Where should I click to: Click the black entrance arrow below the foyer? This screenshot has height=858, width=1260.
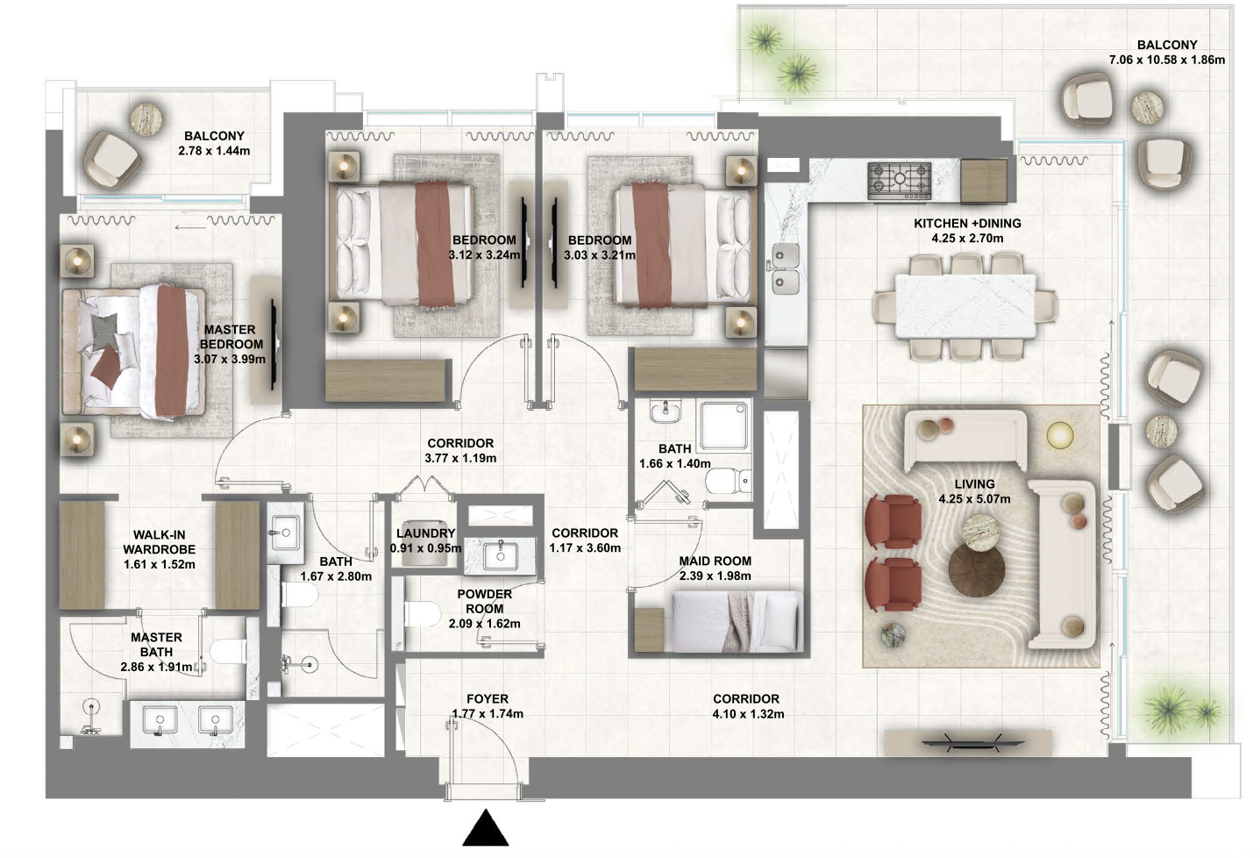[x=486, y=829]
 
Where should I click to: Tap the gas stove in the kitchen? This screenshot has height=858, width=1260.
[x=899, y=181]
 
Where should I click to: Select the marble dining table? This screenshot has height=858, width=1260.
[x=965, y=305]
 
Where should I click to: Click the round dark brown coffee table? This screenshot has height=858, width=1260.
[x=977, y=570]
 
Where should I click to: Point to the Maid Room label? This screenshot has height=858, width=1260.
[x=715, y=561]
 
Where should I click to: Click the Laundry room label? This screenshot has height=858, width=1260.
[x=426, y=533]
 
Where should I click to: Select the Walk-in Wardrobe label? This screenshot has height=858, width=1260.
[x=160, y=542]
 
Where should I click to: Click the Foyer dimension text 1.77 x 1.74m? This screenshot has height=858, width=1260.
[x=488, y=713]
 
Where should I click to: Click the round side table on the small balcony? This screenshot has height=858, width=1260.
[x=146, y=118]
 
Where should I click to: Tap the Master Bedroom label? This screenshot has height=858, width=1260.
[x=231, y=337]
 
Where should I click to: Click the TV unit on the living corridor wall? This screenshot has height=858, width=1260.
[x=968, y=743]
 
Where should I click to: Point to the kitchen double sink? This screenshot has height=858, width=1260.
[x=786, y=268]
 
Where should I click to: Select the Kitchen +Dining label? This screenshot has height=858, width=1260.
[x=967, y=224]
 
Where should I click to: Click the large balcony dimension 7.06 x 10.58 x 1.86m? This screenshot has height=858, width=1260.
[x=1167, y=60]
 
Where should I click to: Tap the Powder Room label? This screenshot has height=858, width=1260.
[x=484, y=602]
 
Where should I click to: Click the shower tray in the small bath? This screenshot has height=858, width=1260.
[x=724, y=425]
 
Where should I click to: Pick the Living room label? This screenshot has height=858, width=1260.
[x=974, y=484]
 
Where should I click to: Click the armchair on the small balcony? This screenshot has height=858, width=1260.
[x=111, y=159]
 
